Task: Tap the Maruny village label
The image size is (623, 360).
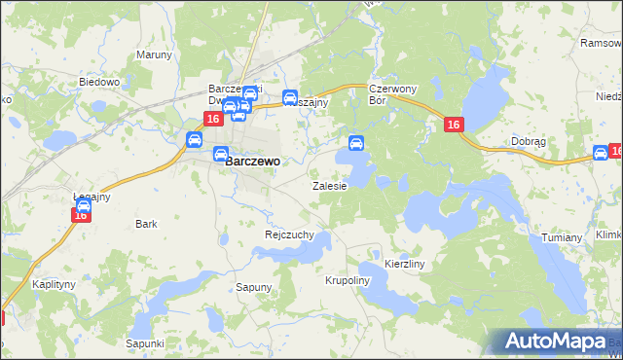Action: pos(154,54)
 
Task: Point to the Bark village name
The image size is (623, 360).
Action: pos(147,224)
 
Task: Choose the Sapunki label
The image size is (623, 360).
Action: pos(144,343)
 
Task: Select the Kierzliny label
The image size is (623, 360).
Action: pos(405,264)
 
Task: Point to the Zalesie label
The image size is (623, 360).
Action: pos(329,185)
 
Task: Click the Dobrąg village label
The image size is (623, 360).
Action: pos(529,141)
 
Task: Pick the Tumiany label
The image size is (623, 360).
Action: pos(561,237)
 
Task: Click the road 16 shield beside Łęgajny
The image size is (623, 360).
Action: pos(81,215)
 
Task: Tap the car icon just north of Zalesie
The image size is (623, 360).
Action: pos(356,144)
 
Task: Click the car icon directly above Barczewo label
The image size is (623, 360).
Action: pos(221,153)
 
